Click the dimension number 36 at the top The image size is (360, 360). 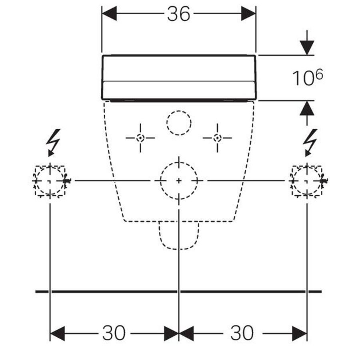[x=179, y=14]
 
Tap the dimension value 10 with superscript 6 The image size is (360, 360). [x=308, y=77]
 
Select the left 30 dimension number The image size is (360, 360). [x=114, y=333]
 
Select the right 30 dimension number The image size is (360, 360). [x=242, y=333]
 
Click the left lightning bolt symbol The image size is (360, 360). [x=53, y=142]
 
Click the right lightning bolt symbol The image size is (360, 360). [x=310, y=142]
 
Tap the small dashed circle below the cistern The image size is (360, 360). [x=179, y=111]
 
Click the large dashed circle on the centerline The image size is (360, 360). [x=179, y=162]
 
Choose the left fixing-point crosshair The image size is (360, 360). [x=140, y=138]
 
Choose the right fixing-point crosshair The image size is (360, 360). [x=217, y=138]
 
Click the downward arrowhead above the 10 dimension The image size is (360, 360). [x=307, y=48]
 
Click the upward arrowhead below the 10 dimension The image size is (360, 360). [x=307, y=108]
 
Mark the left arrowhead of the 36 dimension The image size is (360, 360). [x=109, y=14]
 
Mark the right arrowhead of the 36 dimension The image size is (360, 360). [x=248, y=14]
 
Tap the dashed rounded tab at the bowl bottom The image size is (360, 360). [x=179, y=249]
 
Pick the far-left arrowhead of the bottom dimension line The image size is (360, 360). [x=57, y=334]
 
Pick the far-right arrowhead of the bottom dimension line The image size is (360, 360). [x=300, y=334]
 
